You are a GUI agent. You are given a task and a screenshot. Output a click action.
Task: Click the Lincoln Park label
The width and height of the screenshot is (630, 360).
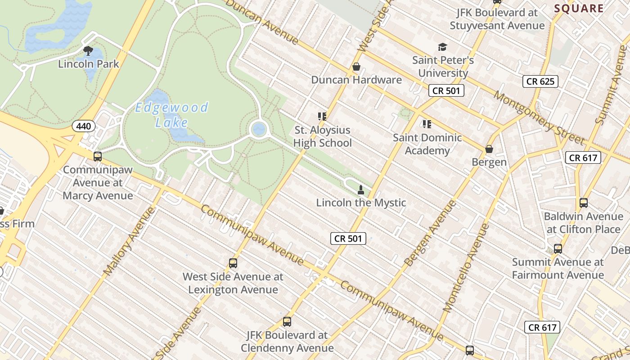[89, 64]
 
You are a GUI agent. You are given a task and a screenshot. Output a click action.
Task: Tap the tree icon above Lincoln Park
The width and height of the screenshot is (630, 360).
[88, 50]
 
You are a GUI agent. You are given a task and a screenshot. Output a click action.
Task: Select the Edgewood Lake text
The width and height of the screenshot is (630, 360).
[171, 114]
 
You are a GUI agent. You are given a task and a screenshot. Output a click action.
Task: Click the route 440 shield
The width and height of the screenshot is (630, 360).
[83, 126]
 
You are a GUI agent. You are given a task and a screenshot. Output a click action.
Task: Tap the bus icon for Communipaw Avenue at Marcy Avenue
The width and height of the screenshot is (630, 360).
[98, 157]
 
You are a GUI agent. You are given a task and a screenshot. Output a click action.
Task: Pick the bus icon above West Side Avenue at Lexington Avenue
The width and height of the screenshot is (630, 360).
[233, 263]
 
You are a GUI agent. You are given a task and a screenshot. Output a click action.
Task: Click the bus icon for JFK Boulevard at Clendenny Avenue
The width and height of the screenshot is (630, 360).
[287, 322]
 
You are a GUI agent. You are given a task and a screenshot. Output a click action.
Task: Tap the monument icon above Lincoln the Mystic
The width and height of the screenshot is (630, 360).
[360, 190]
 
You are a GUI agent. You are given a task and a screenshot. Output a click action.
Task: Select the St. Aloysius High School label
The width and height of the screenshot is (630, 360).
[323, 137]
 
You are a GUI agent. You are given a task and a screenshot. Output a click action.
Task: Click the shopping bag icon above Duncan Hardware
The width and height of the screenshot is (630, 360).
[356, 67]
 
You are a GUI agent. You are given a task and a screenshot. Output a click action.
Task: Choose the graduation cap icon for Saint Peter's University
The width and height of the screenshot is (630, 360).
[443, 47]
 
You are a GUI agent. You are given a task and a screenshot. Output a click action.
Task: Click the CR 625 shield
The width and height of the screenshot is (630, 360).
[540, 81]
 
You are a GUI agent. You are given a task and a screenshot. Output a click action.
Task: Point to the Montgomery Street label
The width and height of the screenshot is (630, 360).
[539, 118]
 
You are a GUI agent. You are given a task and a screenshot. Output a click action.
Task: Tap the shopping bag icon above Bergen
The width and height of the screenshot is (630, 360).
[489, 149]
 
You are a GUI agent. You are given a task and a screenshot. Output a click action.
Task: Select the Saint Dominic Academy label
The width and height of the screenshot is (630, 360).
[427, 144]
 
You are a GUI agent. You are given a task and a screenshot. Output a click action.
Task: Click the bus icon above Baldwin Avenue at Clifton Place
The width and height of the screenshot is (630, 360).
[584, 203]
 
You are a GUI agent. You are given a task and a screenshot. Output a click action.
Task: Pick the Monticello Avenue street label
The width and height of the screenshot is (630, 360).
[467, 268]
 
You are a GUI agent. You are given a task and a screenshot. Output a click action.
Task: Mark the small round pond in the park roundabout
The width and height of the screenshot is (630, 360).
[259, 129]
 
